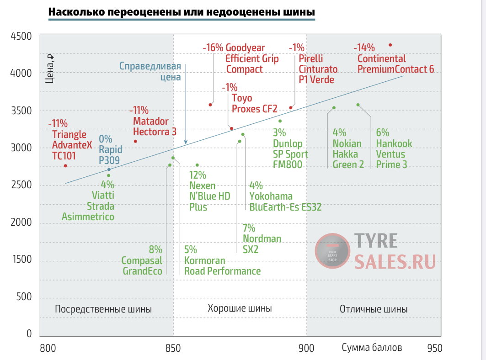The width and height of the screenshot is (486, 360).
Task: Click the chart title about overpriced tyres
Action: pyautogui.click(x=181, y=12)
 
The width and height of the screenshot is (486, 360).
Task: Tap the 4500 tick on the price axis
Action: pyautogui.click(x=22, y=36)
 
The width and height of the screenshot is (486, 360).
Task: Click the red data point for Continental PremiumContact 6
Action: pyautogui.click(x=390, y=45)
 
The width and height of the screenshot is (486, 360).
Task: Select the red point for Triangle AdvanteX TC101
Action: pyautogui.click(x=65, y=166)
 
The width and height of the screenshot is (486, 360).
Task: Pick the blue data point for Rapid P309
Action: pyautogui.click(x=109, y=169)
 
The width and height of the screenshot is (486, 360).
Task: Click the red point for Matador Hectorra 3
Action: pyautogui.click(x=135, y=141)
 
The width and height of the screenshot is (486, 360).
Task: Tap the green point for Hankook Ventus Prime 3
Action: pyautogui.click(x=358, y=105)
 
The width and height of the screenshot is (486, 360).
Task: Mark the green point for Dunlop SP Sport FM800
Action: pyautogui.click(x=280, y=121)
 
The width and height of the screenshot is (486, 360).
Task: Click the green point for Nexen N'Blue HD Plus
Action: pyautogui.click(x=197, y=165)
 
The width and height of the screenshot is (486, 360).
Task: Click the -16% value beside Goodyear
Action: pyautogui.click(x=213, y=48)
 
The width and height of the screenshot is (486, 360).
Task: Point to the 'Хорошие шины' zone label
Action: pyautogui.click(x=240, y=308)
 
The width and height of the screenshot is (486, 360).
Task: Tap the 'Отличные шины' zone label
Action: pyautogui.click(x=374, y=309)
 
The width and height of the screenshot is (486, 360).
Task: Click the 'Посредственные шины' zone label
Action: pyautogui.click(x=103, y=309)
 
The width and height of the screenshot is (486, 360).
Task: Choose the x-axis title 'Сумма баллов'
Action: pyautogui.click(x=372, y=348)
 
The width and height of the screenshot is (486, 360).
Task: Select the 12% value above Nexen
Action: pyautogui.click(x=198, y=175)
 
